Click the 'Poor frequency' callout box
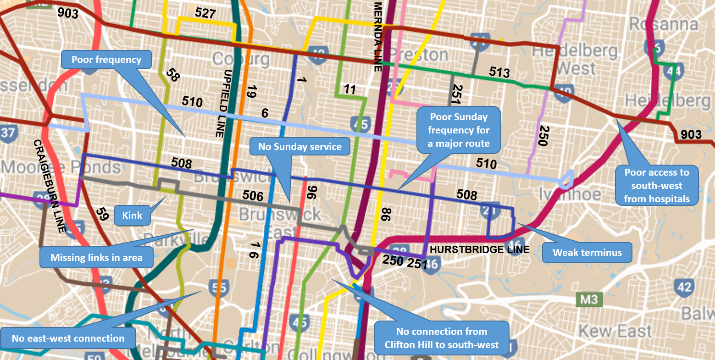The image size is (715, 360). [x=106, y=59]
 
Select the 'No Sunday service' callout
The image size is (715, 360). [x=300, y=147]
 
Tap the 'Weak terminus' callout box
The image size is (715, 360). [x=587, y=253]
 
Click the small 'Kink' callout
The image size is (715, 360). [x=132, y=216]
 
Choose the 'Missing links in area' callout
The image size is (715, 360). [x=96, y=258]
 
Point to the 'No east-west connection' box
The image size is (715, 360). [x=68, y=338]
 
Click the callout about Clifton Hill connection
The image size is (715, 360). [x=442, y=338]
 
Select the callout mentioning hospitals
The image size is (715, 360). [x=656, y=185]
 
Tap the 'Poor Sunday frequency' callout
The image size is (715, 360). [x=459, y=130]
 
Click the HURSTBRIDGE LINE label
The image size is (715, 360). [x=479, y=250]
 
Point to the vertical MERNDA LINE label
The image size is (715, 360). [x=378, y=37]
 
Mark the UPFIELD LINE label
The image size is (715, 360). [x=219, y=104]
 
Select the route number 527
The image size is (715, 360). [x=205, y=13]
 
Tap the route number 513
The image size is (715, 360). [x=499, y=72]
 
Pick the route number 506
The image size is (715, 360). [x=253, y=196]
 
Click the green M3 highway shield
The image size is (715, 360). [x=589, y=300]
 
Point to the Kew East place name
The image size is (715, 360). [x=615, y=331]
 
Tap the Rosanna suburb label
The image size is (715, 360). [x=663, y=23]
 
